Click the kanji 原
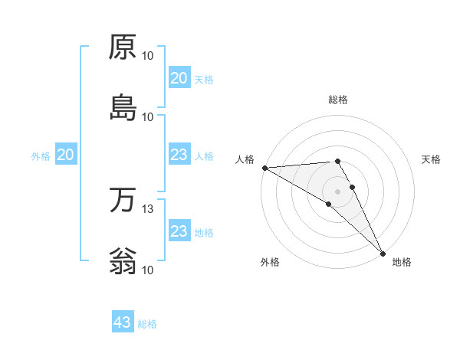(x=123, y=47)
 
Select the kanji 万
(x=123, y=201)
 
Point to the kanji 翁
(x=123, y=260)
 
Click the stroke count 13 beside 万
(x=148, y=209)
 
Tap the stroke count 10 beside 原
(x=148, y=56)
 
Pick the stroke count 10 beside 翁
(x=148, y=270)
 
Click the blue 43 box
(x=123, y=322)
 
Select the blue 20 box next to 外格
(x=66, y=155)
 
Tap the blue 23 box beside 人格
(x=179, y=155)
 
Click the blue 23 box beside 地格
(x=179, y=232)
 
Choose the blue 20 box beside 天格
(x=179, y=78)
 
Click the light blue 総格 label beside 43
(x=147, y=324)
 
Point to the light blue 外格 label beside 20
(x=41, y=156)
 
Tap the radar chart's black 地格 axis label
(x=402, y=262)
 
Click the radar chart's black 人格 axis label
(x=245, y=159)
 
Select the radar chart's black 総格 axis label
(x=338, y=100)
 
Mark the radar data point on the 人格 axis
(x=264, y=168)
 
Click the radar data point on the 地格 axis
(x=383, y=254)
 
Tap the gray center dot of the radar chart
(x=338, y=191)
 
